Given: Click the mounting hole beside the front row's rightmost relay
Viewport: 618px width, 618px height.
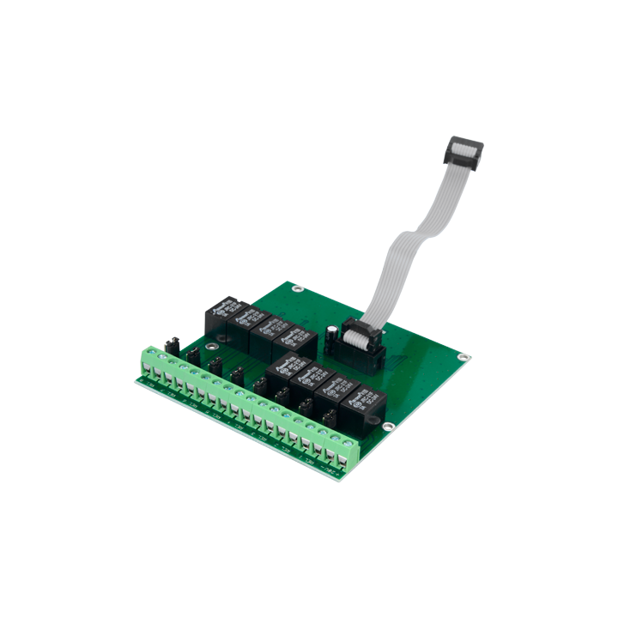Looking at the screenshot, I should point(389,427).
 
